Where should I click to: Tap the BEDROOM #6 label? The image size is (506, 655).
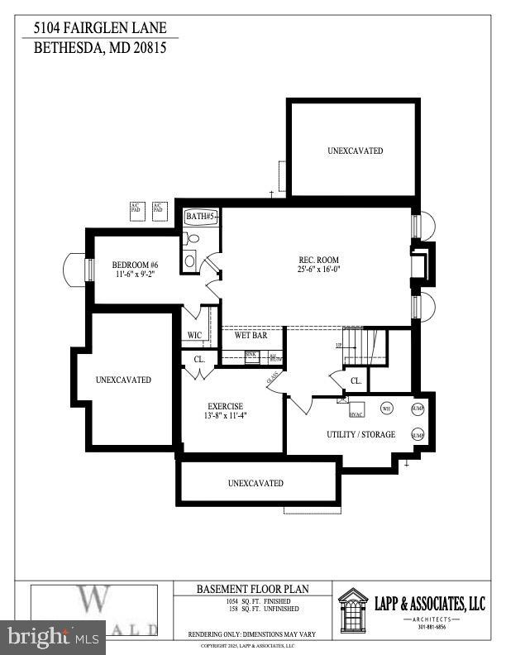point(135,265)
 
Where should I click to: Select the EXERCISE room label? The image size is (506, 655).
point(225,406)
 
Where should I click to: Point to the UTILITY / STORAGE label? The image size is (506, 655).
point(360,434)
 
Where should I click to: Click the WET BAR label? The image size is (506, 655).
point(249,336)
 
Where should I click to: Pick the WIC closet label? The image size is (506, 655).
point(194,336)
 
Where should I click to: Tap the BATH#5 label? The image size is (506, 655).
point(201,216)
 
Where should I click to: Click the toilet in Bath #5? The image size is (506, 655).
point(190,239)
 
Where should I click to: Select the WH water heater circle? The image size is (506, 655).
point(385,407)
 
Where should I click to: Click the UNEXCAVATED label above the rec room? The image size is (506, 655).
point(355,151)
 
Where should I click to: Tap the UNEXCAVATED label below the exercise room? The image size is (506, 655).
point(255,483)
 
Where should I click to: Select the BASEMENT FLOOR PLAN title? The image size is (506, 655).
point(251,590)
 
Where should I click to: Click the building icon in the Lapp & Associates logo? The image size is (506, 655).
point(355,610)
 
